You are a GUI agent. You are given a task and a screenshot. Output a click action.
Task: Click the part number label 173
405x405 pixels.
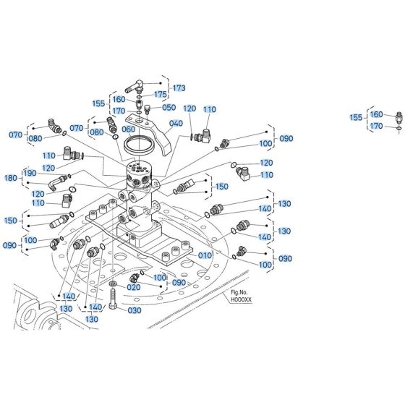pyautogui.click(x=179, y=88)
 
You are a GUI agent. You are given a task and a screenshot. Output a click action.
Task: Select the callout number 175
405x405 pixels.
pyautogui.click(x=161, y=94)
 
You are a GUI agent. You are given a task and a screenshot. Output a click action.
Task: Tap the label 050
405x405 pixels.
pyautogui.click(x=169, y=107)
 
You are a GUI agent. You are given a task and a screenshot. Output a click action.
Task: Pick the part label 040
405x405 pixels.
pyautogui.click(x=175, y=124)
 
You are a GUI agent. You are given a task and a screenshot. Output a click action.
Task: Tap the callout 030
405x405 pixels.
pyautogui.click(x=135, y=310)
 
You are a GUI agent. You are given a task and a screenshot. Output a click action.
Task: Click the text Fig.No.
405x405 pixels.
pyautogui.click(x=239, y=293)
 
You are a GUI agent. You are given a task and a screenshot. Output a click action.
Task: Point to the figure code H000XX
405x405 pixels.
pyautogui.click(x=241, y=300)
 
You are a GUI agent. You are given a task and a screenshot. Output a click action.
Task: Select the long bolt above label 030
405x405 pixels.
pyautogui.click(x=114, y=299)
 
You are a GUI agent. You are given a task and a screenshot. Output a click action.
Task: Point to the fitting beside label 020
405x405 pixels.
pyautogui.click(x=135, y=278)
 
